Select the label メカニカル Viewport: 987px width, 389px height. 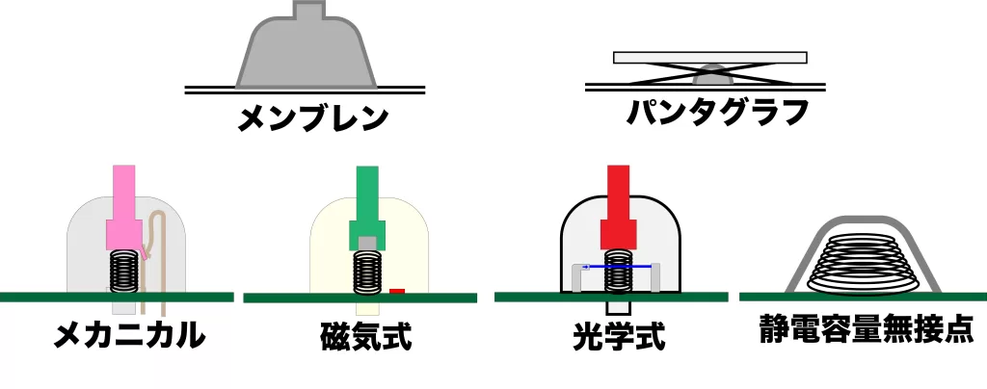pos(129,335)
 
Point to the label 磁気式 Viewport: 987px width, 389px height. pos(366,337)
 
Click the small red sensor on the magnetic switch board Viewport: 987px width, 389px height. pos(397,289)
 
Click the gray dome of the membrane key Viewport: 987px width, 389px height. pos(307,53)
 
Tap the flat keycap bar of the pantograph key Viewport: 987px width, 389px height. pos(710,57)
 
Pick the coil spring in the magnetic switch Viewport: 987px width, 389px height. pos(366,273)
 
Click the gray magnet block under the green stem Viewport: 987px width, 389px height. pos(366,242)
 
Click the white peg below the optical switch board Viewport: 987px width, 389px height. pos(617,306)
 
